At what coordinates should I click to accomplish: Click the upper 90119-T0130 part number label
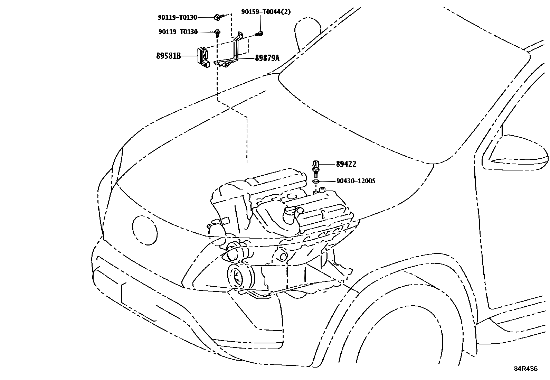pyautogui.click(x=178, y=17)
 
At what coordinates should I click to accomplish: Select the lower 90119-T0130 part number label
pyautogui.click(x=178, y=32)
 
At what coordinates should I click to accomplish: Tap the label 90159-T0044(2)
pyautogui.click(x=266, y=12)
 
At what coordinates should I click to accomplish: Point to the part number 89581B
pyautogui.click(x=169, y=56)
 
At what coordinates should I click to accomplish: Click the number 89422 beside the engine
pyautogui.click(x=346, y=164)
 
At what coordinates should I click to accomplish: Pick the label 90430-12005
pyautogui.click(x=356, y=181)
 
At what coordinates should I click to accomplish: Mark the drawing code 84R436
pyautogui.click(x=525, y=369)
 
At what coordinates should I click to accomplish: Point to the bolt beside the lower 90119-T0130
pyautogui.click(x=217, y=33)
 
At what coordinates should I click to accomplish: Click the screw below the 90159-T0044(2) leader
pyautogui.click(x=259, y=34)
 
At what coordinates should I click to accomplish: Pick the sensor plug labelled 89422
pyautogui.click(x=315, y=168)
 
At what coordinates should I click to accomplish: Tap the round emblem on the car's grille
pyautogui.click(x=144, y=230)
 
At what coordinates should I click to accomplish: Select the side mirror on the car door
pyautogui.click(x=515, y=152)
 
